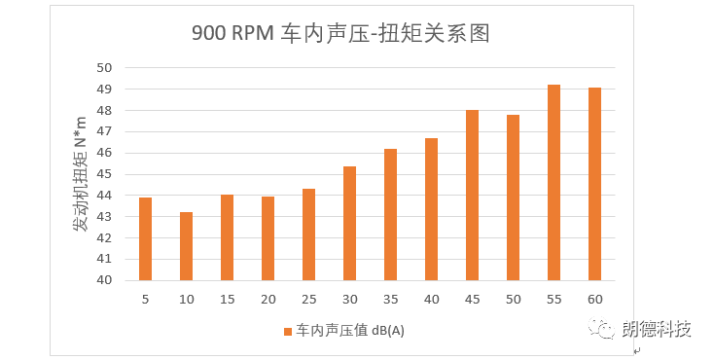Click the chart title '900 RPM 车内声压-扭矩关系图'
point(339,34)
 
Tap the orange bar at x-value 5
point(146,239)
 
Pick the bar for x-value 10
point(187,246)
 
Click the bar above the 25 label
point(308,234)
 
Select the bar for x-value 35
point(390,215)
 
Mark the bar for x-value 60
point(594,184)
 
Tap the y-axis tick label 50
point(104,68)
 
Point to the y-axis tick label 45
point(104,174)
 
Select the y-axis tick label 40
point(104,280)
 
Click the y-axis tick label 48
point(104,111)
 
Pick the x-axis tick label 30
point(349,299)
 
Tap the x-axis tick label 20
point(268,299)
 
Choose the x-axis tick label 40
point(431,299)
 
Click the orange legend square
point(288,331)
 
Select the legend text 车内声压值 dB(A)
point(350,331)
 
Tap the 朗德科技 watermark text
point(657,329)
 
